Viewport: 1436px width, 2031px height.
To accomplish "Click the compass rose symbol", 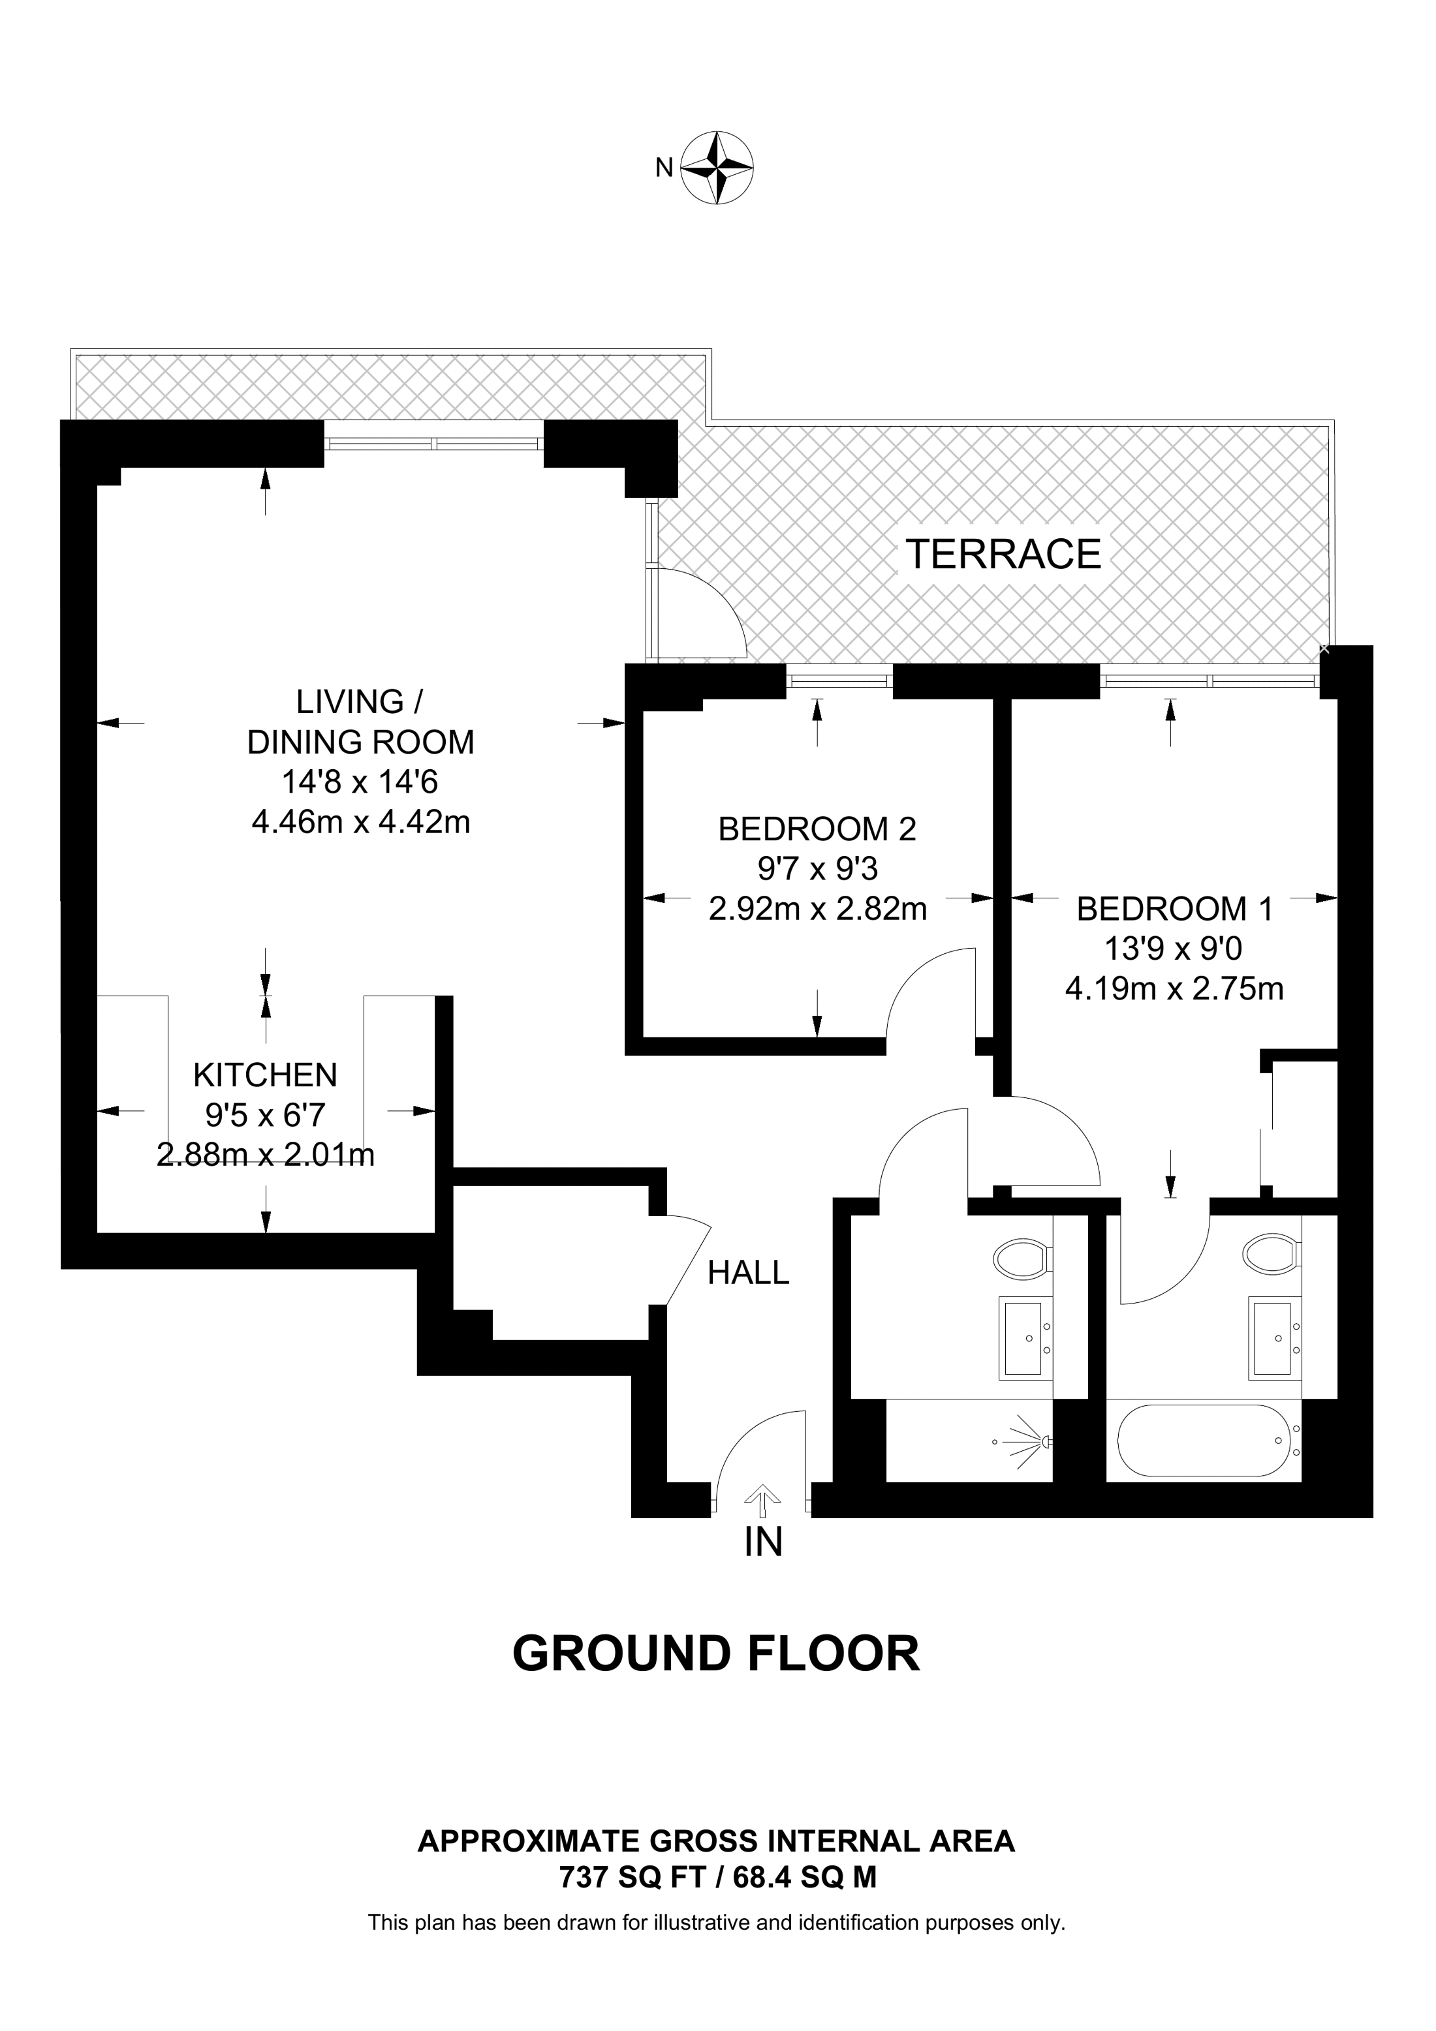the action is [x=717, y=168].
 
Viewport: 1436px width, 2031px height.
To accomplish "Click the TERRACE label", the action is [x=1003, y=555].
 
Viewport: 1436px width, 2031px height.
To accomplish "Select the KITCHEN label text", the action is [x=266, y=1075].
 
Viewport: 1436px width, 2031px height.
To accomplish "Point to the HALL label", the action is [x=749, y=1273].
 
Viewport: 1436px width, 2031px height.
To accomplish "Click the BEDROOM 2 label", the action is [x=817, y=829].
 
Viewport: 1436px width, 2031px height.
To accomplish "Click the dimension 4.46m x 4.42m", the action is [x=361, y=822].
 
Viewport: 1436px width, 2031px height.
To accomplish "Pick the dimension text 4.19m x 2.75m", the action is [x=1174, y=988].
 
